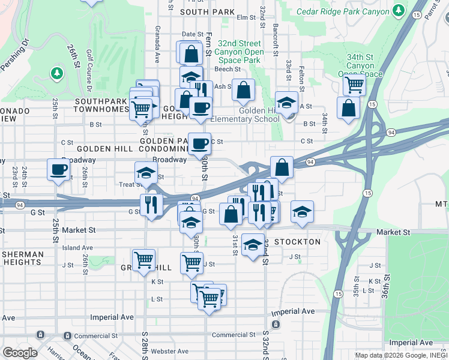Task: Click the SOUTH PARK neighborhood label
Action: [206, 11]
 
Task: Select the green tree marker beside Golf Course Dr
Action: [57, 73]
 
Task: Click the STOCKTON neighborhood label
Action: [297, 242]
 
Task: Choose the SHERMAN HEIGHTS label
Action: [22, 259]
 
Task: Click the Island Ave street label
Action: [77, 247]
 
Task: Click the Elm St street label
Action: [247, 17]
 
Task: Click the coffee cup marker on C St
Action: [200, 143]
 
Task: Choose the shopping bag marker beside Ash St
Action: [243, 91]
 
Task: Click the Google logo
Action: [19, 353]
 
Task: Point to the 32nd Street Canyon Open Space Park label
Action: [240, 52]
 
